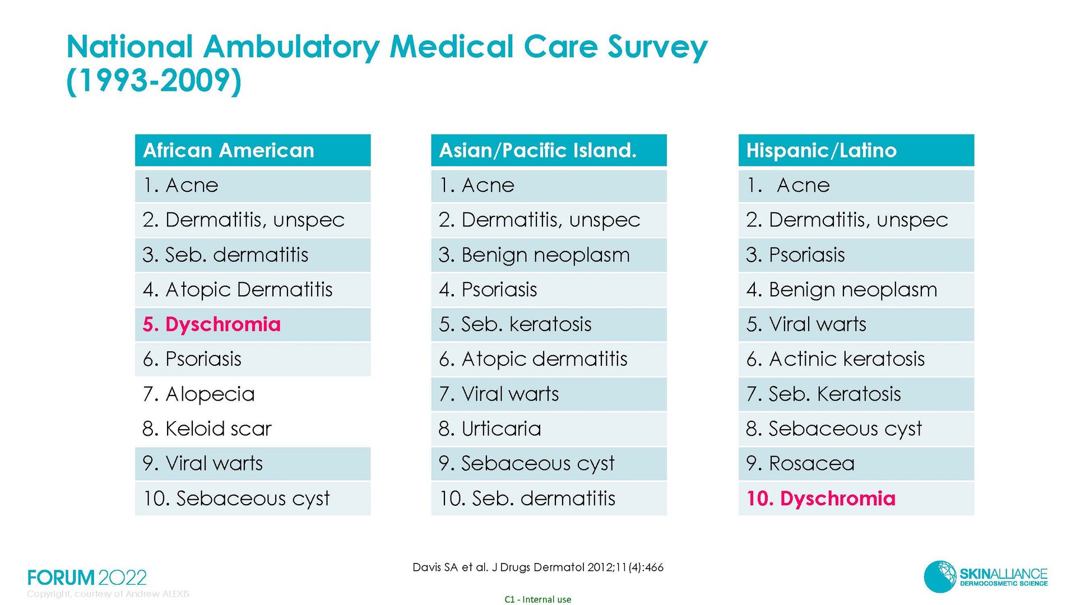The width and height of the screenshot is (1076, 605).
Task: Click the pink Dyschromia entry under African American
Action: point(212,324)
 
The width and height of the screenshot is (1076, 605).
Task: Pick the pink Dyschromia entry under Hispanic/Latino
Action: point(821,498)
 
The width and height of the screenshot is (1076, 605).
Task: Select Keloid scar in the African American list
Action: point(207,429)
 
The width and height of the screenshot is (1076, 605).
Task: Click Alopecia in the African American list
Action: point(199,394)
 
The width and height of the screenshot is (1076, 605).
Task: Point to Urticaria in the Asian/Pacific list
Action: point(490,429)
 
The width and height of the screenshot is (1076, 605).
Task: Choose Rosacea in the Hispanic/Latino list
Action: point(800,463)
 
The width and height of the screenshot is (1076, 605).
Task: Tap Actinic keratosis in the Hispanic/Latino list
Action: point(836,359)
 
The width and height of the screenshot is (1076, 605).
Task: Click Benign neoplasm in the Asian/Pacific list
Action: point(534,255)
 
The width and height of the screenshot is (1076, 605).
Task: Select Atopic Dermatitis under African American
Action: point(238,290)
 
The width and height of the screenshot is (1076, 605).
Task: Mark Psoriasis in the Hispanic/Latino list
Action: point(796,255)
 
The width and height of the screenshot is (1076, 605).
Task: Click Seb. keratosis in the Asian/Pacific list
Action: point(515,324)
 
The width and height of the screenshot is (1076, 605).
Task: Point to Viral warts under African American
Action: point(203,463)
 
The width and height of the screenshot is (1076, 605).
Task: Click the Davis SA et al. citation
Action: point(538,567)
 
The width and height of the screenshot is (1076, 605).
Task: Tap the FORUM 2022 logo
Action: point(87,578)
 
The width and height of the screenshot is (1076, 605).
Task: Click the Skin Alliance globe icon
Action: point(940,576)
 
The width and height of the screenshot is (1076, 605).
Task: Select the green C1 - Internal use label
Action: point(538,599)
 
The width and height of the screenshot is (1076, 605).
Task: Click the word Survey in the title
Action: point(658,47)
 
